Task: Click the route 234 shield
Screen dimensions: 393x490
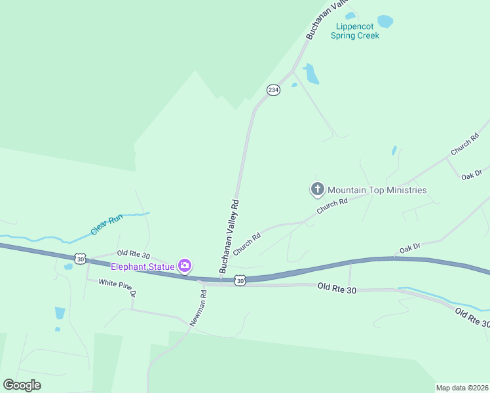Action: pyautogui.click(x=274, y=90)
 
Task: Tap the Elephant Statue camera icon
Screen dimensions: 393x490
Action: pyautogui.click(x=185, y=265)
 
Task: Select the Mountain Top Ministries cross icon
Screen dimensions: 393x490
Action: pyautogui.click(x=317, y=190)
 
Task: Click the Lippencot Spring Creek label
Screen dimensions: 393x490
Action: pyautogui.click(x=357, y=31)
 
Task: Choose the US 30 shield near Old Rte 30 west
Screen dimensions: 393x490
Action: pyautogui.click(x=80, y=259)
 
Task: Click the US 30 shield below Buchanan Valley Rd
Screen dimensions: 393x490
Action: pyautogui.click(x=240, y=280)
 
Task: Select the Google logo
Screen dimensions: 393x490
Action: pyautogui.click(x=22, y=384)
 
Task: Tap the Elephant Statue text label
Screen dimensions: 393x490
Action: pyautogui.click(x=142, y=266)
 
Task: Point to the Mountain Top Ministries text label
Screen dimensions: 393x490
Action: pyautogui.click(x=377, y=190)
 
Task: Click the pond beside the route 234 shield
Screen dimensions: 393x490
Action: pyautogui.click(x=311, y=74)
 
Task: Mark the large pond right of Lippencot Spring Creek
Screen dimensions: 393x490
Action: pyautogui.click(x=385, y=21)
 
